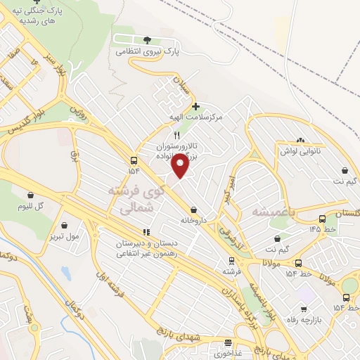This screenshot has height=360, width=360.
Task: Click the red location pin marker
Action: pyautogui.click(x=181, y=165)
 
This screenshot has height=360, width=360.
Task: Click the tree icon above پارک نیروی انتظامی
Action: pyautogui.click(x=147, y=40)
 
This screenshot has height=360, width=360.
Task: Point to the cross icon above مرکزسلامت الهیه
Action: pyautogui.click(x=195, y=106)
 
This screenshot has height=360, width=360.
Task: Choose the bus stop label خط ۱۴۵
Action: pyautogui.click(x=319, y=229)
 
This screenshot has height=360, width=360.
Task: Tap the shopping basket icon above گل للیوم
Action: pyautogui.click(x=30, y=195)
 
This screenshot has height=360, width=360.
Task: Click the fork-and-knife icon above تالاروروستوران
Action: pyautogui.click(x=177, y=136)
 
